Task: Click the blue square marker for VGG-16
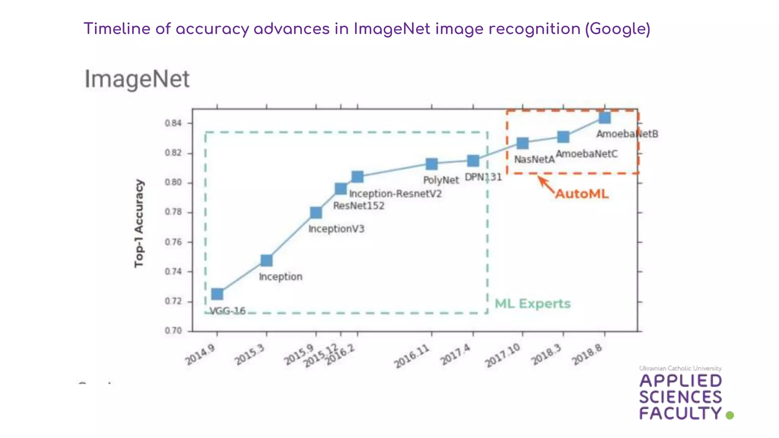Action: point(217,294)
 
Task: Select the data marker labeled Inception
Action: point(266,260)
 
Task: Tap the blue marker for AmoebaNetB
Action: point(605,117)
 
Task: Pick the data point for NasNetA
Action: point(523,143)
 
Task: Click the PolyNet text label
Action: point(441,180)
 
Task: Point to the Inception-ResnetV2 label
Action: point(395,194)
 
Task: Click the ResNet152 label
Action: point(359,206)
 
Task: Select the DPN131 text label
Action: point(483,177)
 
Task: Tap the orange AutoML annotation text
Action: point(582,194)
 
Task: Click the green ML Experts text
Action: point(533,304)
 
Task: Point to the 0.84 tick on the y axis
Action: point(173,123)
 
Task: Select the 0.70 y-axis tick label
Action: point(173,331)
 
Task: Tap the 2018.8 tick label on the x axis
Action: point(588,354)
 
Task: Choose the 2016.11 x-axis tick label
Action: point(412,357)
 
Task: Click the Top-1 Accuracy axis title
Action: point(139,224)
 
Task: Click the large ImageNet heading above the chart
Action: point(137,79)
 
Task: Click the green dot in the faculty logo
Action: point(730,415)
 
